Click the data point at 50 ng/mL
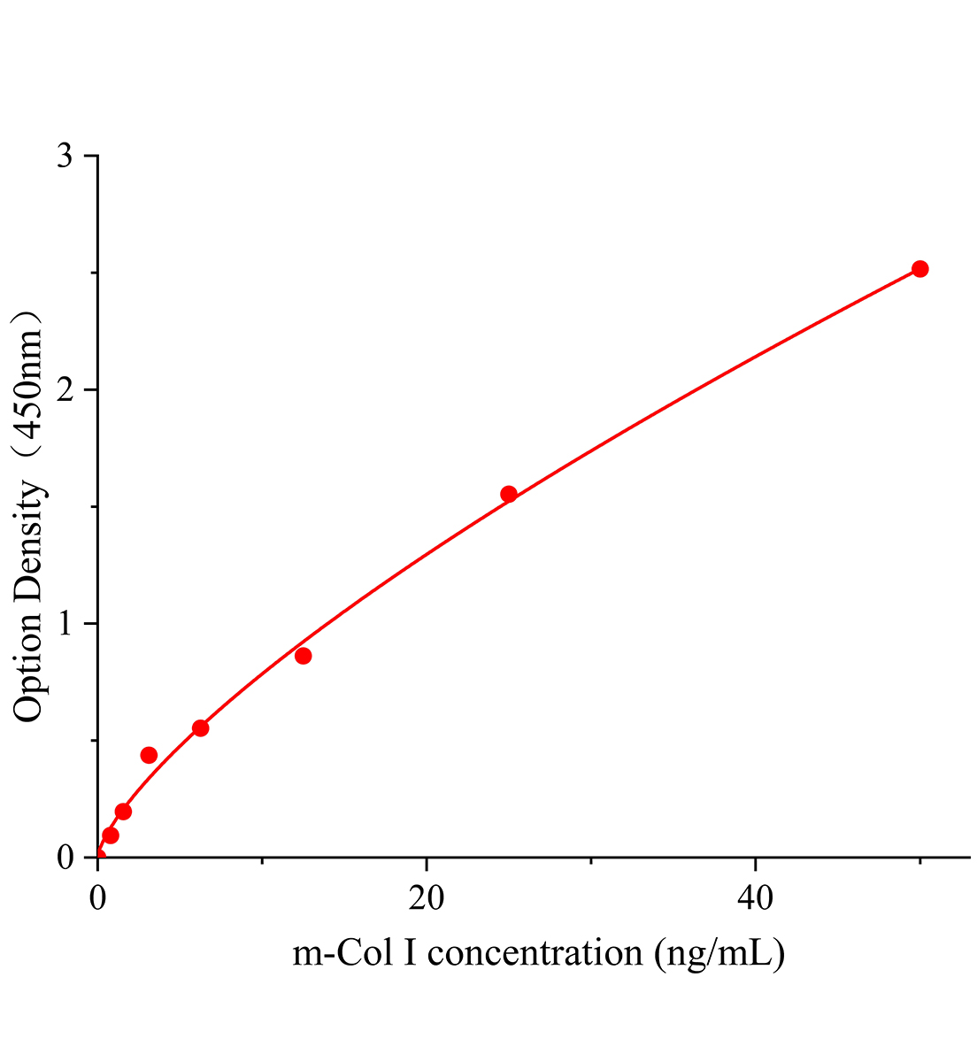pos(919,269)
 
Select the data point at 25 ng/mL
pos(509,494)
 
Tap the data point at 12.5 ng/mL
pos(304,656)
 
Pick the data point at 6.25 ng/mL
pos(200,728)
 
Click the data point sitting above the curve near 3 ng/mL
pos(149,755)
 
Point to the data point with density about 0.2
pos(123,812)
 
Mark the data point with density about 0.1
pos(111,835)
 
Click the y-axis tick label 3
pos(65,157)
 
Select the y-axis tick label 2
pos(65,390)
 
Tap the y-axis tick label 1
pos(65,624)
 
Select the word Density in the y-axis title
pos(28,541)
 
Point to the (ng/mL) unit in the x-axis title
pos(719,953)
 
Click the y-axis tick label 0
pos(65,858)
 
